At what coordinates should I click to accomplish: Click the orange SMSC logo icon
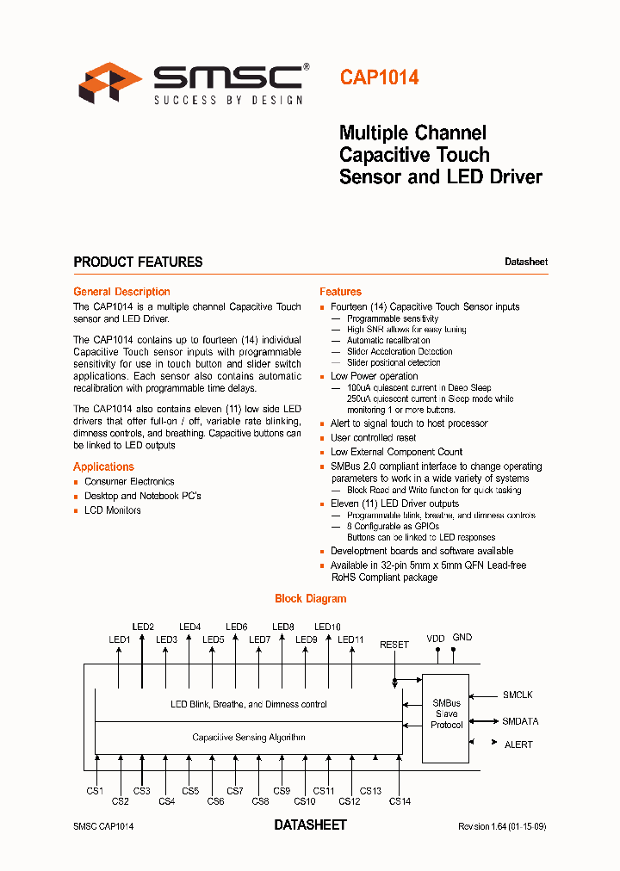(109, 83)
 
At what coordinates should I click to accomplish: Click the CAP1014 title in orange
(379, 77)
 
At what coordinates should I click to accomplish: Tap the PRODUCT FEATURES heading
(138, 262)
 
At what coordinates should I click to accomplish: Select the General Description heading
(121, 292)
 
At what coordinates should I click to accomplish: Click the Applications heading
(103, 466)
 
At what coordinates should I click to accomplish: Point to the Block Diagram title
(310, 598)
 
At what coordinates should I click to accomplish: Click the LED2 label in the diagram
(143, 627)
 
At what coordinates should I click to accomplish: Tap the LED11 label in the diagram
(351, 639)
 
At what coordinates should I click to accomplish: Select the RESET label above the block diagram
(394, 645)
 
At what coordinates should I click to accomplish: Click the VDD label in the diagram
(436, 639)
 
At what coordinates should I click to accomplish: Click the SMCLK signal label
(518, 694)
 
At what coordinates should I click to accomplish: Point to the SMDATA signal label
(520, 721)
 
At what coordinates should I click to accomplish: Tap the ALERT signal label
(518, 744)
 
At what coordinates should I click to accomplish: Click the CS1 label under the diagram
(95, 791)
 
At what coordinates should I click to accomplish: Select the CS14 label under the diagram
(400, 801)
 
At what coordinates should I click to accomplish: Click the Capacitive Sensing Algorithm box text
(248, 738)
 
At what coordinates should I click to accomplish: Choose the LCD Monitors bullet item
(112, 510)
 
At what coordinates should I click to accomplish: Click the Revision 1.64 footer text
(501, 826)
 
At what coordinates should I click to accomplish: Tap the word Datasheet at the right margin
(525, 262)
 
